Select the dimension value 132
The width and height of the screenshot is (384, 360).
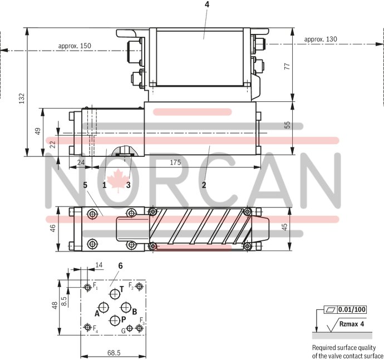tap(22, 98)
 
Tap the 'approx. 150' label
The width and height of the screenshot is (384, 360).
tap(74, 46)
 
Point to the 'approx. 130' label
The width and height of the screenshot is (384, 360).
tap(321, 39)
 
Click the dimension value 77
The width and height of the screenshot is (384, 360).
tap(287, 66)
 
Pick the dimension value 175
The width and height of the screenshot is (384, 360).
tap(175, 162)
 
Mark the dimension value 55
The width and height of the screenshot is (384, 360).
tap(287, 126)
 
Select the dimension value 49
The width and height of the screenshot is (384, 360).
tap(38, 132)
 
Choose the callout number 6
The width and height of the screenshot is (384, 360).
tap(119, 266)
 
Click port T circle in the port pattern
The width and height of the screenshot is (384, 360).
tap(115, 293)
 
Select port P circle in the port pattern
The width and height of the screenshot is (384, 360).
tap(115, 320)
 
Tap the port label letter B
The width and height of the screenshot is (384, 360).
tap(134, 311)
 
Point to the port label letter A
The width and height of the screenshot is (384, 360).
tap(97, 314)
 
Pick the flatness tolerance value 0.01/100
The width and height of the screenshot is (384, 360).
tap(352, 309)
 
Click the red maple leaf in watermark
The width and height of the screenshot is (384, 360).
tap(117, 181)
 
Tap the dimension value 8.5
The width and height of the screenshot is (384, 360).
tap(65, 300)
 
